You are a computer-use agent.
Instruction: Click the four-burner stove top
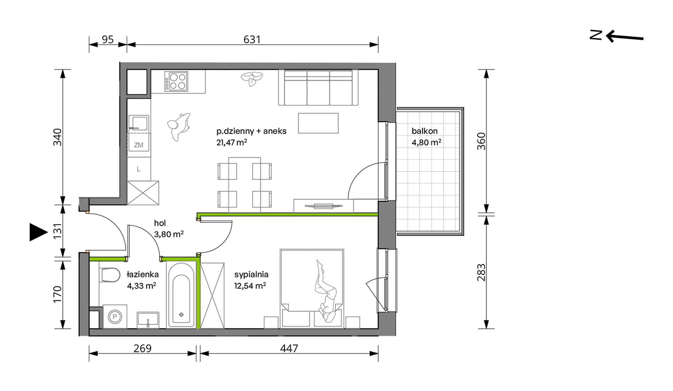pos(176,81)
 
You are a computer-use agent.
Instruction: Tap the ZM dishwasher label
pos(138,145)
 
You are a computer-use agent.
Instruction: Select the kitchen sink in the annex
pos(138,123)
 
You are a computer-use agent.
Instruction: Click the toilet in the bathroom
pos(110,275)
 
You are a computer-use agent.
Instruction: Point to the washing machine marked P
pos(115,316)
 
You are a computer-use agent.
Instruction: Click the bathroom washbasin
pos(148,320)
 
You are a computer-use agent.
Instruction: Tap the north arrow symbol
pos(617,36)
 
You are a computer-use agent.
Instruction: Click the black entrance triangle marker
pos(38,232)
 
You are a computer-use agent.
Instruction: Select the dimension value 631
pos(252,39)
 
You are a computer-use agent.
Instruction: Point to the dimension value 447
pos(289,348)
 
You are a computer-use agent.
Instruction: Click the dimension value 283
pos(481,272)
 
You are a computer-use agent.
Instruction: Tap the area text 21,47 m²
pos(232,142)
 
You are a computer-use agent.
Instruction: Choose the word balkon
pos(424,131)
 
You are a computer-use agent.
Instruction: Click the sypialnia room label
pos(251,274)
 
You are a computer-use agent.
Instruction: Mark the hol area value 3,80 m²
pos(169,234)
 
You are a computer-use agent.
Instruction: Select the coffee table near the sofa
pos(318,123)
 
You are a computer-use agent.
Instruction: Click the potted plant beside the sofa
pos(252,79)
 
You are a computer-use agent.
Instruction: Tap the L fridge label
pos(138,169)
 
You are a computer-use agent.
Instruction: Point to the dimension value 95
pos(108,39)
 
